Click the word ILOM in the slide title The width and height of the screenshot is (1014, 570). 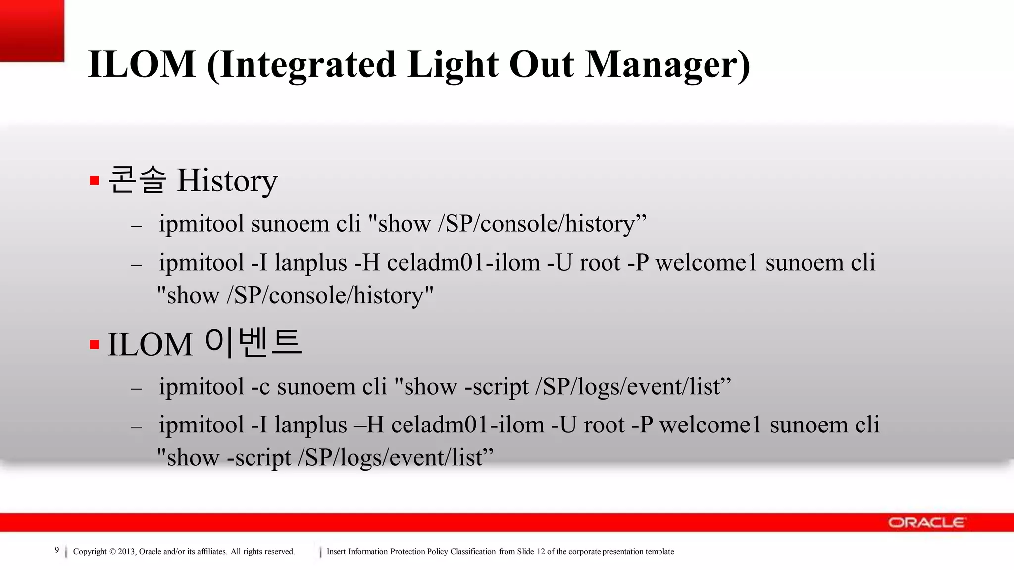point(142,64)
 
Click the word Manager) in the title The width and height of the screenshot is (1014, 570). point(667,64)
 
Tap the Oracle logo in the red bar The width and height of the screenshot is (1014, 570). point(926,522)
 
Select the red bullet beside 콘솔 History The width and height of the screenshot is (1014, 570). point(95,180)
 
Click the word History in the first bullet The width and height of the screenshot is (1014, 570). point(227,181)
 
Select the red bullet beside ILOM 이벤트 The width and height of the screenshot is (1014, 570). point(95,344)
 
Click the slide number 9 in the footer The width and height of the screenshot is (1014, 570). point(57,550)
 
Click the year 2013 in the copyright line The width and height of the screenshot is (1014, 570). point(127,552)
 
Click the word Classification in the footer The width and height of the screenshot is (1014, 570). point(473,552)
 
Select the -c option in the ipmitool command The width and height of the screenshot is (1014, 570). point(260,387)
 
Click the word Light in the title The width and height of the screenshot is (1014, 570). point(454,64)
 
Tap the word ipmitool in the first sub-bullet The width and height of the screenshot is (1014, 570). point(201,224)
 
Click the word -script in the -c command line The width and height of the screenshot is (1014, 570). point(497,387)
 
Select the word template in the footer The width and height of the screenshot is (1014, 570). point(659,552)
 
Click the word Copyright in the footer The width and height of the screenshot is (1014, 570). point(90,552)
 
